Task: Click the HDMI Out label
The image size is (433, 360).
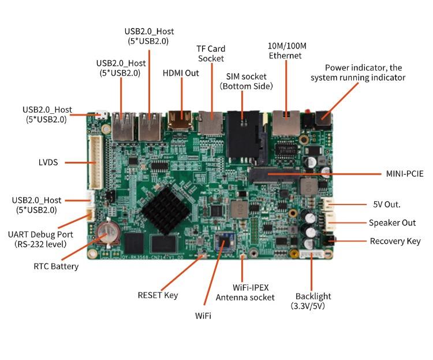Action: click(x=181, y=73)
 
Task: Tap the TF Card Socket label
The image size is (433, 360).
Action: click(x=211, y=54)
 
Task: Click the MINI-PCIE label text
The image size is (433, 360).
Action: click(x=405, y=173)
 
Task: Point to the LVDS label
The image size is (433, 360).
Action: click(x=44, y=162)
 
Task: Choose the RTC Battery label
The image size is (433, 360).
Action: click(x=56, y=266)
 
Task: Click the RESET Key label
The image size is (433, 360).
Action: click(x=158, y=295)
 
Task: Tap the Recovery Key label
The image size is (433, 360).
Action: click(x=395, y=241)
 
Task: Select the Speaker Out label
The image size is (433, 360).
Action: click(x=392, y=222)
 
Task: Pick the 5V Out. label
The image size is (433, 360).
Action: click(x=387, y=204)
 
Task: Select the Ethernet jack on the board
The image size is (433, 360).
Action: click(x=285, y=122)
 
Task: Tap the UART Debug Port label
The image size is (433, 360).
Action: click(x=41, y=239)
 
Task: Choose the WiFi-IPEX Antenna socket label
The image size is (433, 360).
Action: click(x=242, y=292)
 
